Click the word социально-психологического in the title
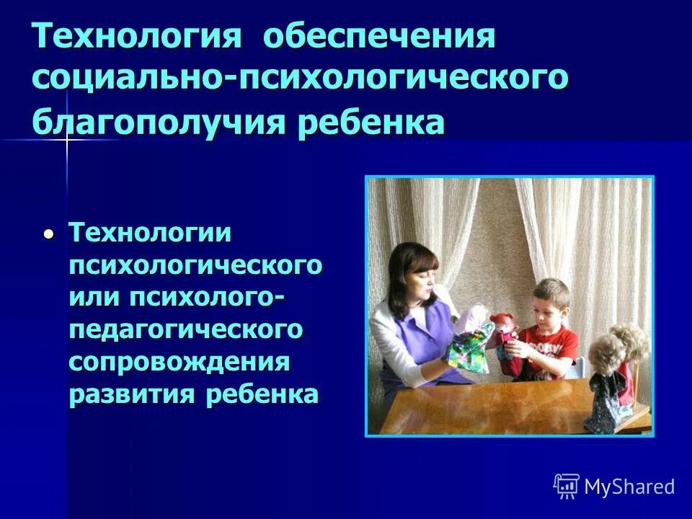[300, 77]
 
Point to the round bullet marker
[48, 234]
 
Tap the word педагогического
[185, 330]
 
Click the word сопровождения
[179, 363]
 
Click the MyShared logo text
[629, 487]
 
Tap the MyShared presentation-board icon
[567, 486]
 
